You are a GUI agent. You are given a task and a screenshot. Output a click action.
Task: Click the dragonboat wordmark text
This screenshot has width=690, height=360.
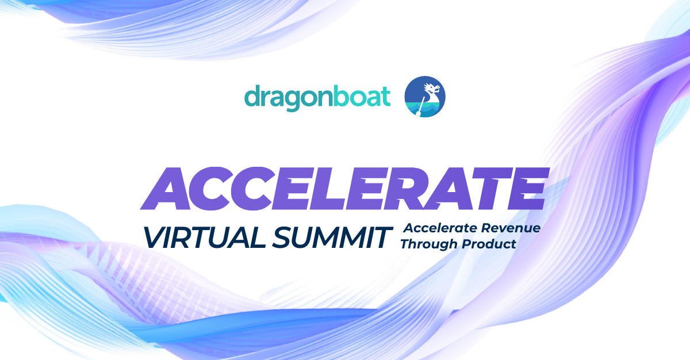coord(317,97)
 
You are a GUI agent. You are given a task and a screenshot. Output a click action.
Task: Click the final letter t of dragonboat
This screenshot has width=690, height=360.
coord(386,97)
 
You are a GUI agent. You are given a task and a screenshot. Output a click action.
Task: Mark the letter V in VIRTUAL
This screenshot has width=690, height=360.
coord(154,236)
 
